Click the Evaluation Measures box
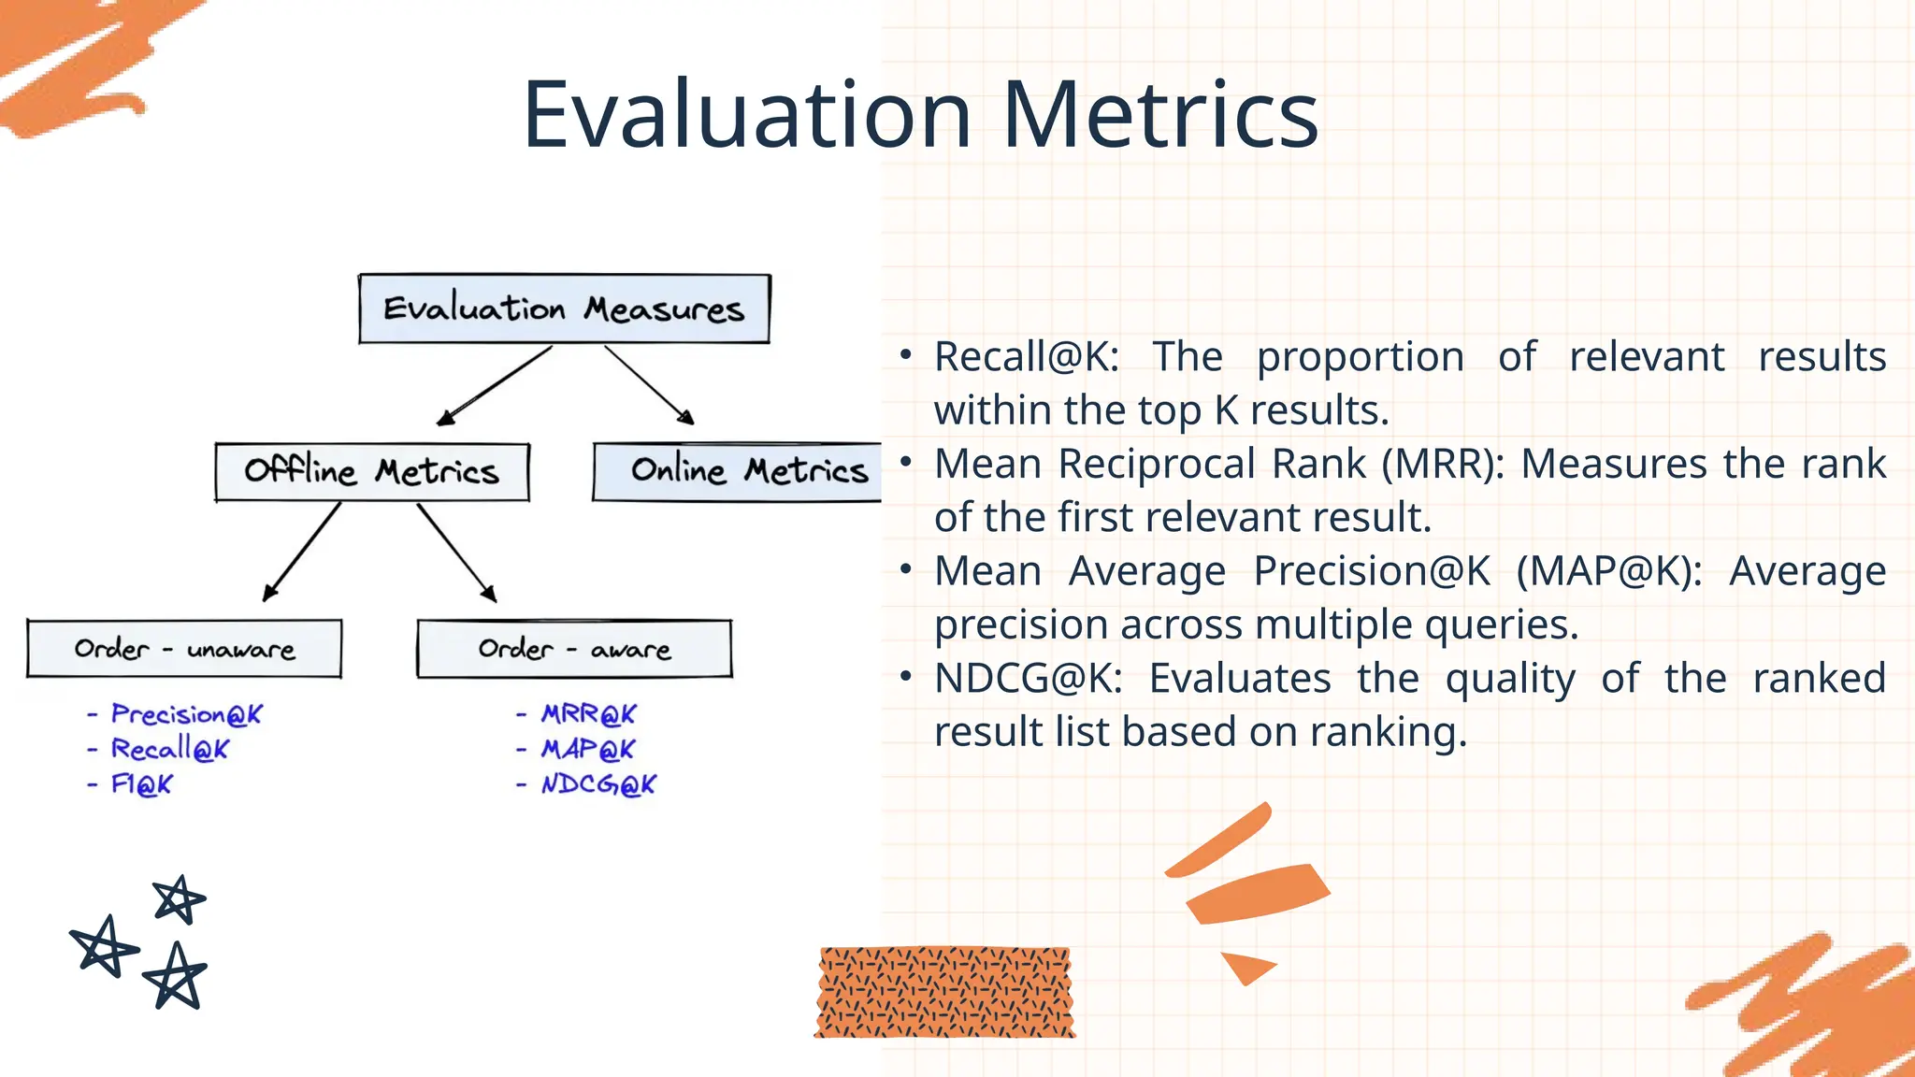564,309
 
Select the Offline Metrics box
372,471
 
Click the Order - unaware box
184,648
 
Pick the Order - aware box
574,648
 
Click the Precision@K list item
186,714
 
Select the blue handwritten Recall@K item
169,749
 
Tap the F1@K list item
141,784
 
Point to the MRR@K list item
588,714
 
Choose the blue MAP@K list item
587,749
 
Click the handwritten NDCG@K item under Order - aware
598,784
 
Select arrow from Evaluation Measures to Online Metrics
648,384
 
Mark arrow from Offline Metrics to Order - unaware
302,552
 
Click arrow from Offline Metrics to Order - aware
456,552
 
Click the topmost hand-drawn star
178,899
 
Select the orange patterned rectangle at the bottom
944,992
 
